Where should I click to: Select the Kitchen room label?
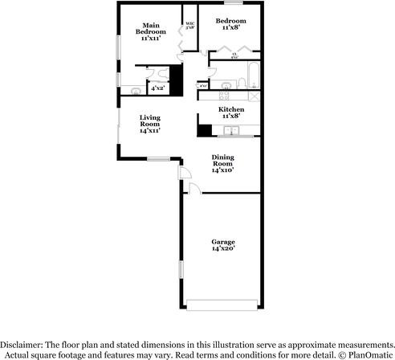[x=231, y=112]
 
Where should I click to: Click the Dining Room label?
[x=222, y=162]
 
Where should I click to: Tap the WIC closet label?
[x=190, y=25]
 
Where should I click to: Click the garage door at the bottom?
[x=222, y=304]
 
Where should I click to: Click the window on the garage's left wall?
[x=181, y=271]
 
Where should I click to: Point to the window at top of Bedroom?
[x=234, y=4]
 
